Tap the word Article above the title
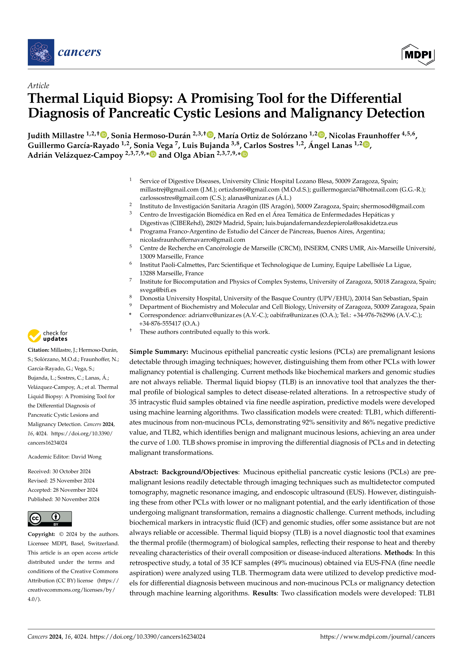[x=38, y=86]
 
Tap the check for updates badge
[x=48, y=336]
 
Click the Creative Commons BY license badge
[x=50, y=519]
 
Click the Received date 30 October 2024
[x=71, y=471]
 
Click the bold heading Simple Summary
[x=159, y=352]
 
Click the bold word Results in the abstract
[x=265, y=593]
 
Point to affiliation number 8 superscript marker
[x=130, y=297]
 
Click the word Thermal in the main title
[x=53, y=98]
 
